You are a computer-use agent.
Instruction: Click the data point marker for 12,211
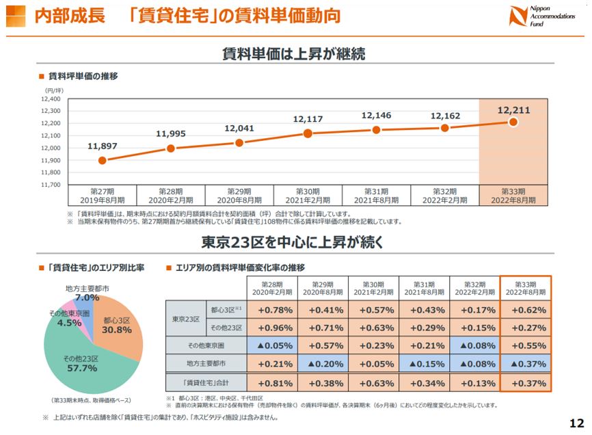coord(513,122)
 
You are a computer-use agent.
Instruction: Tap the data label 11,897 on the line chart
coord(102,146)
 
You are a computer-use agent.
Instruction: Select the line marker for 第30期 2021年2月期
coord(308,133)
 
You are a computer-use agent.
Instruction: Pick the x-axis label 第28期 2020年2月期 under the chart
coord(171,196)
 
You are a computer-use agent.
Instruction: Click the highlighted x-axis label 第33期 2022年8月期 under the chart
coord(513,196)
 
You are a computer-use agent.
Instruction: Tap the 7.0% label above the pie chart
coord(87,298)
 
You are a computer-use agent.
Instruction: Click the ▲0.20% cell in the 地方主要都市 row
coord(322,363)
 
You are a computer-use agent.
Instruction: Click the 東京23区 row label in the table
coord(185,318)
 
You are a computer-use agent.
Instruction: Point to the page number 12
coord(576,421)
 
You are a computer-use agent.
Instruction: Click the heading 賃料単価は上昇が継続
coord(295,54)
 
